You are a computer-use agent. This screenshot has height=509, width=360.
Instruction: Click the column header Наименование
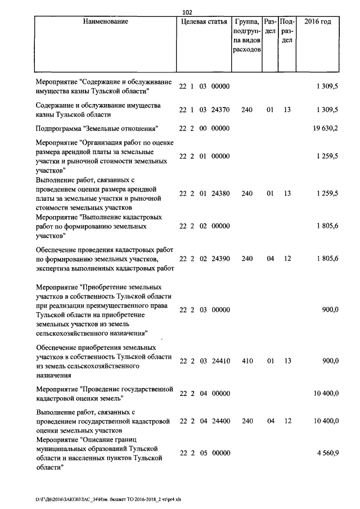pyautogui.click(x=105, y=22)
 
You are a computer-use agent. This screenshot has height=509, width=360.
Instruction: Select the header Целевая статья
pyautogui.click(x=204, y=22)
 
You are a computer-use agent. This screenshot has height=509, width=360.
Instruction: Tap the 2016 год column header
pyautogui.click(x=317, y=22)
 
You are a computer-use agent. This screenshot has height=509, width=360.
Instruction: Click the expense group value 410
pyautogui.click(x=246, y=362)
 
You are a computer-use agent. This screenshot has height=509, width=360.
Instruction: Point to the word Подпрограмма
pyautogui.click(x=59, y=129)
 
